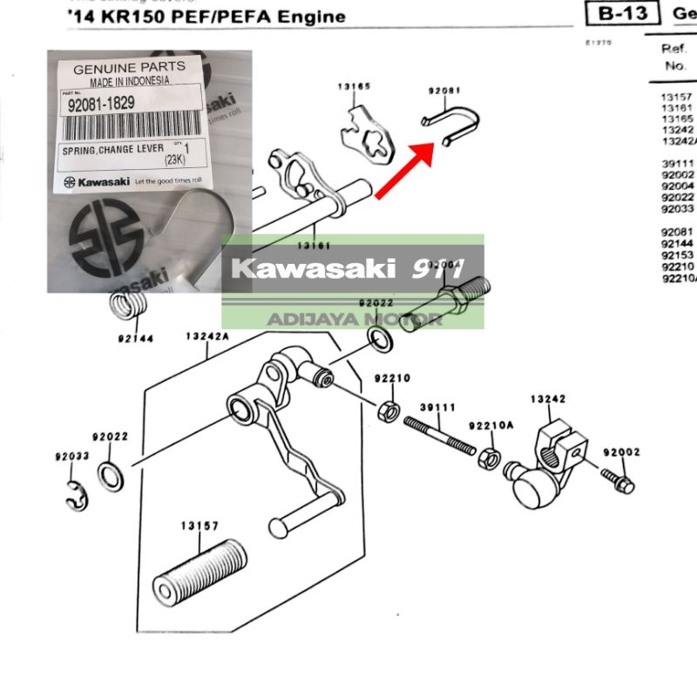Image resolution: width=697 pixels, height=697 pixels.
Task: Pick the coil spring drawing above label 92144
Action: click(x=127, y=308)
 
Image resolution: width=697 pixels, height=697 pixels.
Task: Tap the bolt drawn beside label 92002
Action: click(x=618, y=477)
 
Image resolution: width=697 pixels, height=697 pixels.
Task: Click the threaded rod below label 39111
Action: click(x=439, y=433)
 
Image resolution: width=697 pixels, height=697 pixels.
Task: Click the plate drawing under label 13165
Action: click(x=367, y=132)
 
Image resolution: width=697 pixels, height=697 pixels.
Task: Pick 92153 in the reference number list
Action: click(x=676, y=256)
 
